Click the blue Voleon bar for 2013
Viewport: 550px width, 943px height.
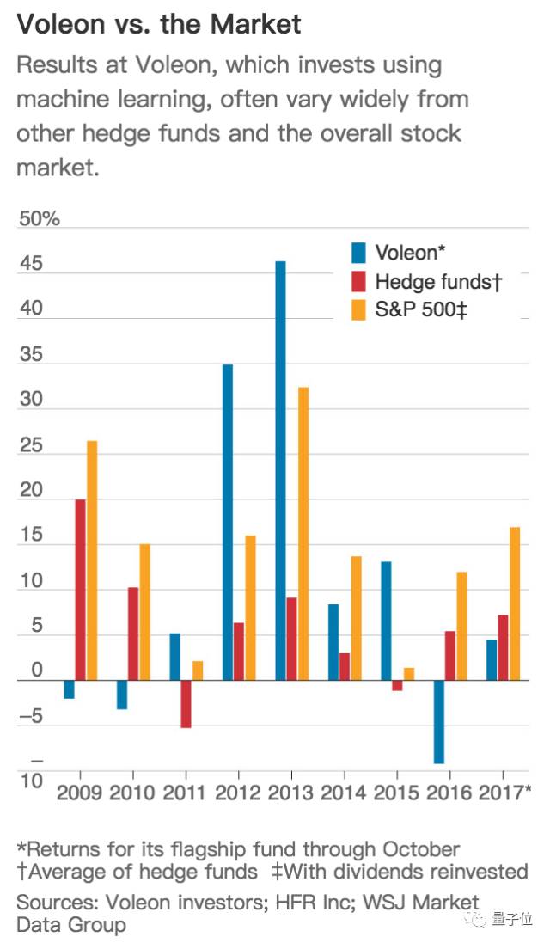point(280,471)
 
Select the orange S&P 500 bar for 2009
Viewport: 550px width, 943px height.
point(92,560)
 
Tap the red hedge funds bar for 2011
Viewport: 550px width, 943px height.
point(186,704)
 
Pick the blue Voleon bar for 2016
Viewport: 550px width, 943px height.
point(439,722)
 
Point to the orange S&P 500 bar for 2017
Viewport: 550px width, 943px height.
point(515,603)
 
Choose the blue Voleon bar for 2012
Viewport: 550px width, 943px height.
point(227,522)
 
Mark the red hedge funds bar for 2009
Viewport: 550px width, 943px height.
point(81,590)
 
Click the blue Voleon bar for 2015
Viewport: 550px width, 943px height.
point(386,621)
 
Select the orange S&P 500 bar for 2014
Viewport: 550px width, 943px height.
point(357,618)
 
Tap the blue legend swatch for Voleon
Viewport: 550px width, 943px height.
point(358,253)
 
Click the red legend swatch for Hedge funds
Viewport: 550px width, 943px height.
point(358,281)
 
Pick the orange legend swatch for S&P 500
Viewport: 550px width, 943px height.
point(358,310)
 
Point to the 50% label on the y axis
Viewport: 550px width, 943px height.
point(39,218)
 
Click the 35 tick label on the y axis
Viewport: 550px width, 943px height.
point(31,354)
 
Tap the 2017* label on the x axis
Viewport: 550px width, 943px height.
point(505,792)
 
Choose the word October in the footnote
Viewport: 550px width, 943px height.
point(422,849)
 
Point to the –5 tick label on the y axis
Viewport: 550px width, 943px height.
point(31,716)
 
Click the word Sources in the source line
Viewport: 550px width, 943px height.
point(57,902)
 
